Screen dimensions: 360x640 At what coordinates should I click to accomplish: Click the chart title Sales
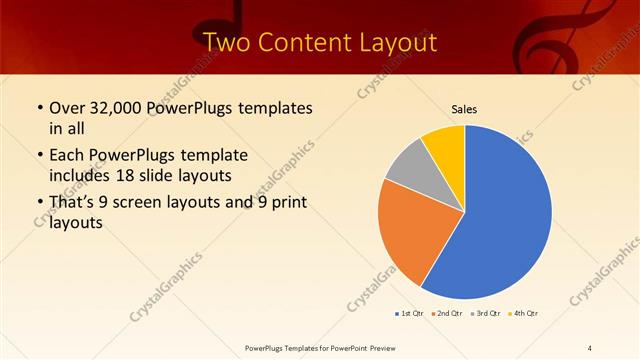click(463, 109)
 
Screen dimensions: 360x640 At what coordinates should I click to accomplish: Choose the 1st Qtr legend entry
click(409, 314)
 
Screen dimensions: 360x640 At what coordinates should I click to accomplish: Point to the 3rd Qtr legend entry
click(486, 314)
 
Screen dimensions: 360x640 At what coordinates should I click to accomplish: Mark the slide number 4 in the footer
click(589, 347)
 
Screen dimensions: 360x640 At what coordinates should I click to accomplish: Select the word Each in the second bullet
click(67, 155)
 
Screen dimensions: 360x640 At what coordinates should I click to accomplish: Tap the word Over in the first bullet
click(68, 108)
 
